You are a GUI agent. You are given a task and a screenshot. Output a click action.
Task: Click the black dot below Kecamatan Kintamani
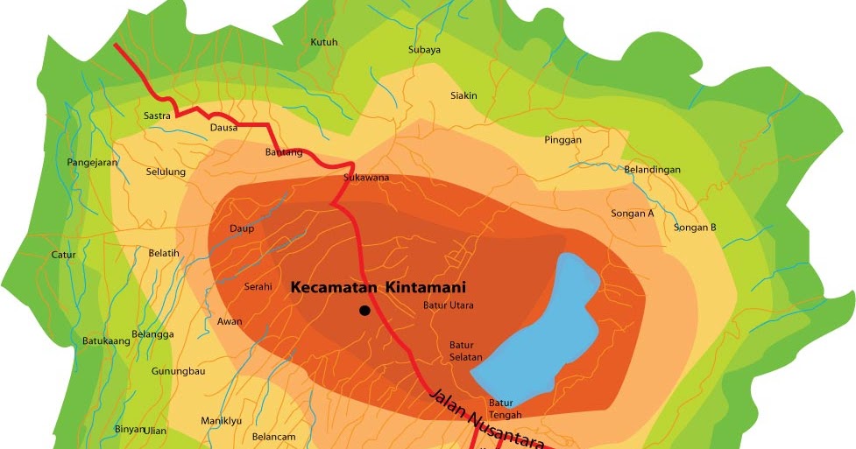364,310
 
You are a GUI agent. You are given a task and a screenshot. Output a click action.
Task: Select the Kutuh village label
324,42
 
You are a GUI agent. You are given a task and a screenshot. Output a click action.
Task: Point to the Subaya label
424,50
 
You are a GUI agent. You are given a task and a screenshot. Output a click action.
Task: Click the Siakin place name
463,95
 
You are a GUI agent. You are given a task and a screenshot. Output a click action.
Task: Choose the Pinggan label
562,140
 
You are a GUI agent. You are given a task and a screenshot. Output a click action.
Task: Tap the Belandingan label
652,170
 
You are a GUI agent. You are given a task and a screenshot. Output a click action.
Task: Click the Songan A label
633,214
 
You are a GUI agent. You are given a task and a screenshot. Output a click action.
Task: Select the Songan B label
695,228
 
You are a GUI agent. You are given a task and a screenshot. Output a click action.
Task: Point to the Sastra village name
157,116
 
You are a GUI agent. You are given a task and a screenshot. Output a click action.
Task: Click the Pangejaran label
92,163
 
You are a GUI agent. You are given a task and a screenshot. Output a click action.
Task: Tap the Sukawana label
366,179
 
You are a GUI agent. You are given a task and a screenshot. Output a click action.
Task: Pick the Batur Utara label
448,305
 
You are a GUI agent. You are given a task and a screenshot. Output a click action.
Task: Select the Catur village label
64,256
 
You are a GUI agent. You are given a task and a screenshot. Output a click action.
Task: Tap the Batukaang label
106,341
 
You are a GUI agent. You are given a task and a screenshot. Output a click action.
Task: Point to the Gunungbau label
178,371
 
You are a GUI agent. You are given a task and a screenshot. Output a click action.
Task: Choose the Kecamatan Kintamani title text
378,287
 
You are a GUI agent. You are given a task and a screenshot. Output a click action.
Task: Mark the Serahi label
258,287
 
